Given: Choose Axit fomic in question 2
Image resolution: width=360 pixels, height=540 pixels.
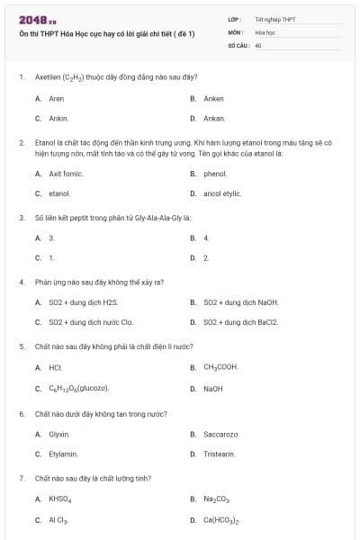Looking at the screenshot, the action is [65, 174].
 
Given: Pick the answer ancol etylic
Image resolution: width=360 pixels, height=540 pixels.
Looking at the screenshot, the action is [222, 193].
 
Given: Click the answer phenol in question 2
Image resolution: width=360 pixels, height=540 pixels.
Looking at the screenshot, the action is [215, 174].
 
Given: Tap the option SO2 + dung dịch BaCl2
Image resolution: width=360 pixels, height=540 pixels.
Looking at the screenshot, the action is [240, 322].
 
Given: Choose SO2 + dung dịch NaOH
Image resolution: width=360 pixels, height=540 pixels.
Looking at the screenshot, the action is [240, 302].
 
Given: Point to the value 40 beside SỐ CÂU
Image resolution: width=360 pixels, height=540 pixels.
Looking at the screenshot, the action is [258, 44].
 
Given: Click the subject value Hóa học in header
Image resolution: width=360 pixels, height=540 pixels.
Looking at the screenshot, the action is [265, 31].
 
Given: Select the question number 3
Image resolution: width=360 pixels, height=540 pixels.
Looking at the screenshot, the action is [21, 217].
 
